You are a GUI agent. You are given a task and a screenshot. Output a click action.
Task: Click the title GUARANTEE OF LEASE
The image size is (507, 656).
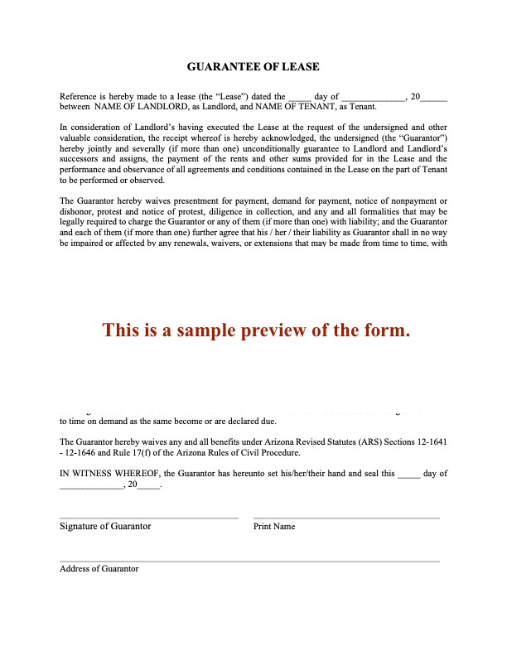click(253, 66)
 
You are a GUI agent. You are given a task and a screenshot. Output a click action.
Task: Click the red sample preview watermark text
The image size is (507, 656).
click(256, 330)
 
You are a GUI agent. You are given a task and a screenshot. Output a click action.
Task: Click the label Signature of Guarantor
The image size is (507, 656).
click(105, 526)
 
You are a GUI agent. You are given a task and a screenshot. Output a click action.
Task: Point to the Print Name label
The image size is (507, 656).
click(273, 527)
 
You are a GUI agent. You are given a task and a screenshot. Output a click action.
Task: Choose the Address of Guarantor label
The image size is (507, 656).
click(99, 569)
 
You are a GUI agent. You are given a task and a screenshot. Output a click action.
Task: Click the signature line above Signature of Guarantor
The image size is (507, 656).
click(149, 519)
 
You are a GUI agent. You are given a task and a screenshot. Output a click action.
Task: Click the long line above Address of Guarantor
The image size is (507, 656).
click(249, 562)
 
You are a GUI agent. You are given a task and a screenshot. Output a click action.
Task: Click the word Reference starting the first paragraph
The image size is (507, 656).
click(79, 96)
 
